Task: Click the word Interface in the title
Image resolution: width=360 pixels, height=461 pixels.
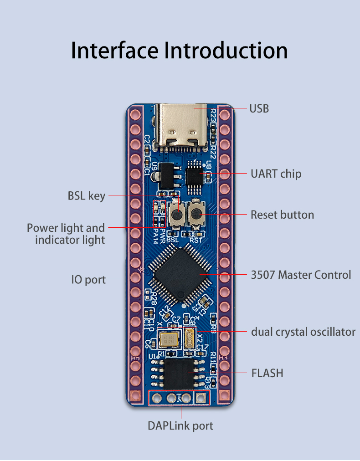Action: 115,51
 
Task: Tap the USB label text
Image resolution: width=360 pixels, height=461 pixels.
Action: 259,108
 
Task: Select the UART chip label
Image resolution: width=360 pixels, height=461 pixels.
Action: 276,174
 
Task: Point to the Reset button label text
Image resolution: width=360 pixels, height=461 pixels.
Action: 282,215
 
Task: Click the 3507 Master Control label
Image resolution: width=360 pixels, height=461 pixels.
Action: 301,275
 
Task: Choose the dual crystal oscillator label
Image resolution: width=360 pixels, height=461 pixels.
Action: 303,332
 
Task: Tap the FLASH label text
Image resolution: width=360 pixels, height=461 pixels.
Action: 267,373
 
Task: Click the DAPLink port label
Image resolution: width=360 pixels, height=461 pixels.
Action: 180,426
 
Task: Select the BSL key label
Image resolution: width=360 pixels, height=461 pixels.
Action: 87,196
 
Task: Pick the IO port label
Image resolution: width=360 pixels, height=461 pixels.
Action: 88,279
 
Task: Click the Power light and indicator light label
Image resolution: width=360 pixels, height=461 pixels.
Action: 66,234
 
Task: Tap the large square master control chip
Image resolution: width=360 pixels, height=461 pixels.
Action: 181,275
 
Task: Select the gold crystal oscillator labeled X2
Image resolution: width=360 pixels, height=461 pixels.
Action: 190,338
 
